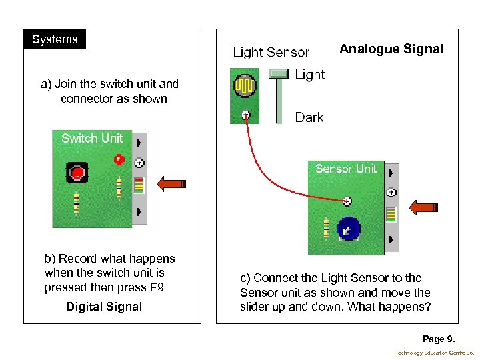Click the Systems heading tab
point(55,39)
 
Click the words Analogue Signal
point(391,49)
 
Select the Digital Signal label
point(103,307)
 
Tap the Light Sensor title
point(271,53)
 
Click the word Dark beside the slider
point(309,117)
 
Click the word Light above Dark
point(310,75)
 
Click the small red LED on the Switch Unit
point(119,159)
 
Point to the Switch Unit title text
point(92,139)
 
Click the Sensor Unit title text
point(346,169)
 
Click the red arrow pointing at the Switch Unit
point(171,184)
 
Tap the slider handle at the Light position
point(278,73)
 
